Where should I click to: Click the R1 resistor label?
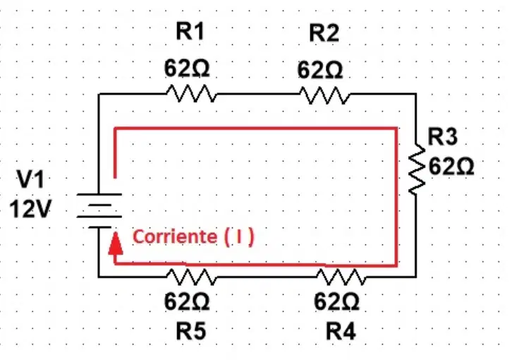tap(190, 31)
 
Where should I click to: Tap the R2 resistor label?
tap(324, 32)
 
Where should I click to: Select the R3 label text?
tap(442, 137)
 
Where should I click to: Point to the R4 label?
tap(341, 331)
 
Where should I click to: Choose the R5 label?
tap(191, 331)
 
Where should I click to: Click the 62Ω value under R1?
tap(187, 68)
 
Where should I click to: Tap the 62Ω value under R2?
tap(320, 71)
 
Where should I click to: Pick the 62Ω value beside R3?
tap(451, 167)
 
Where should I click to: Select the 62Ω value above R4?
tap(336, 301)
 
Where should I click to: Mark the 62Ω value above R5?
tap(187, 301)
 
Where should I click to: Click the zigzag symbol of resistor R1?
tap(191, 93)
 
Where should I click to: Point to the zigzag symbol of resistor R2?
tap(325, 95)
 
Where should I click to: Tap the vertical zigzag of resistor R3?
tap(417, 169)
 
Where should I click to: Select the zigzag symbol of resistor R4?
tap(341, 277)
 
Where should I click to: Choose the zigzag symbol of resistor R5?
tap(191, 277)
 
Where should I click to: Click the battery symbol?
tap(99, 210)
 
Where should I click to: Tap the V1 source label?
tap(30, 179)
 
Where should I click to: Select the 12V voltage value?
tap(30, 209)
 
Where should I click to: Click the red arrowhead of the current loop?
tap(116, 243)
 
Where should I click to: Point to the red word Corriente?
tap(175, 236)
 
